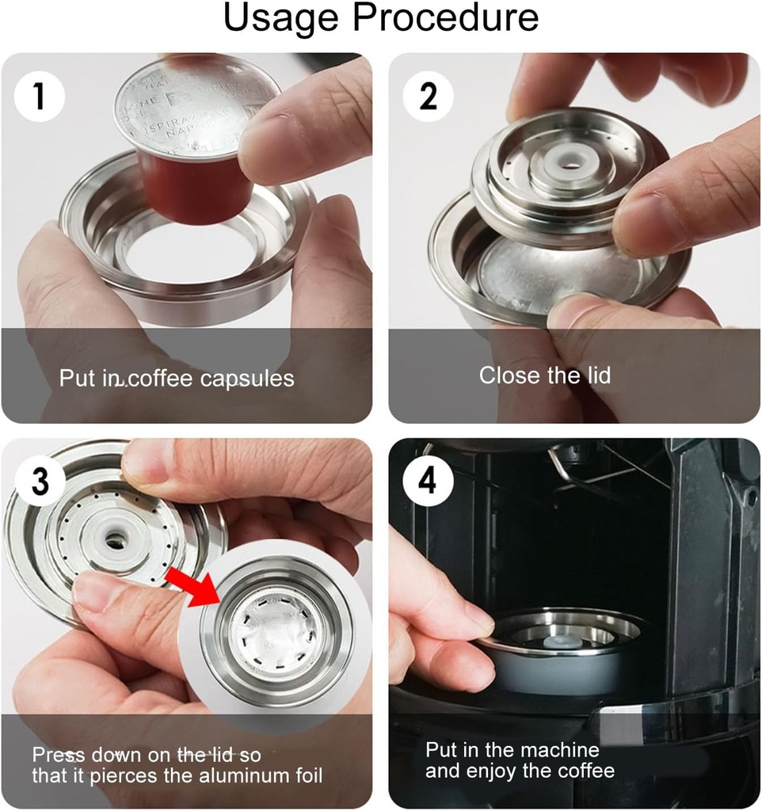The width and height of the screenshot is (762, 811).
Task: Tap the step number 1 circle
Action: [x=39, y=96]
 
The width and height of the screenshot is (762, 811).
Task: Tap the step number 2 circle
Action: [x=428, y=96]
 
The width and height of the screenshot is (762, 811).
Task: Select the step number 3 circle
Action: [x=39, y=481]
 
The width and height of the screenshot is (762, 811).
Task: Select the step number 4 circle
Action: [x=428, y=481]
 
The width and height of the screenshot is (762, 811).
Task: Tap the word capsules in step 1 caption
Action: [x=246, y=379]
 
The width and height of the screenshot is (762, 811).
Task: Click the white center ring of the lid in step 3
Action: [x=116, y=538]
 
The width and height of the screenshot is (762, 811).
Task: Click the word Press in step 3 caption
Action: [x=58, y=754]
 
